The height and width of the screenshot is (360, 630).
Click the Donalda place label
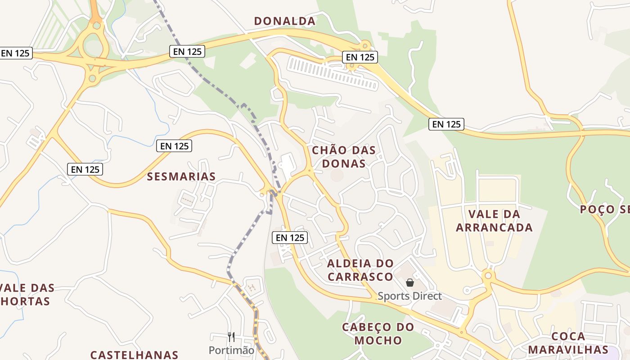(284, 21)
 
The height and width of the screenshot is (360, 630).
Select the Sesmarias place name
(181, 176)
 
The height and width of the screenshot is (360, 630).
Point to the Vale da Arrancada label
(494, 220)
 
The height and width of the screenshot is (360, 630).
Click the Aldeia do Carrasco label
(360, 270)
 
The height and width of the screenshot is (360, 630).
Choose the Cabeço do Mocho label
(378, 333)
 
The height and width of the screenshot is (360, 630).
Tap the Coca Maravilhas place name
(568, 343)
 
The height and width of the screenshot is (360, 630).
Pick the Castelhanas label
(134, 355)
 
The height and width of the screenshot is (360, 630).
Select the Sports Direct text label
(409, 296)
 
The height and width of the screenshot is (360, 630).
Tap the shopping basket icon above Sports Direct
(410, 283)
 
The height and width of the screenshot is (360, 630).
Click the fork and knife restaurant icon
(231, 337)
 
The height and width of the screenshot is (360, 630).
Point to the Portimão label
(231, 350)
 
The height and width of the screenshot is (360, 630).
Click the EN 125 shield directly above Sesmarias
(175, 146)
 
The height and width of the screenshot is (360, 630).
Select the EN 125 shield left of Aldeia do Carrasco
(290, 238)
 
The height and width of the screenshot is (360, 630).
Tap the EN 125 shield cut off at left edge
(15, 53)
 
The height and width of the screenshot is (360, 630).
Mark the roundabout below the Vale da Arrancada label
(487, 275)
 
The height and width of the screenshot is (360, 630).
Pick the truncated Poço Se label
(604, 209)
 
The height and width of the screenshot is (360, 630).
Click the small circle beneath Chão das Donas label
(337, 175)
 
